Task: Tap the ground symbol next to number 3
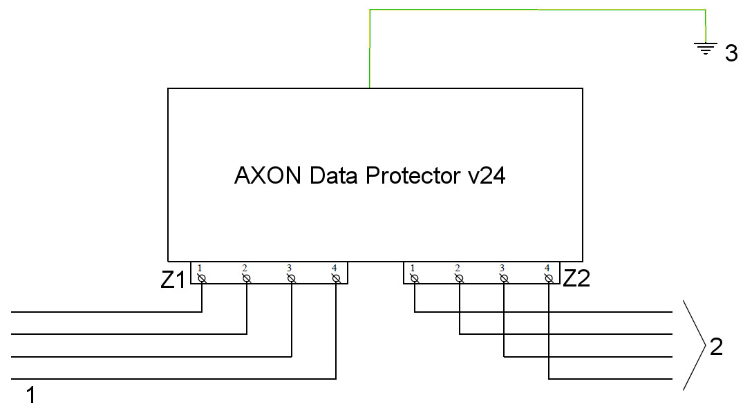click(x=705, y=48)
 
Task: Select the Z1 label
click(x=173, y=280)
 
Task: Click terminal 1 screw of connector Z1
click(x=202, y=278)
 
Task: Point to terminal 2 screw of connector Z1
click(x=246, y=278)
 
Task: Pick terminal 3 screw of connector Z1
click(x=291, y=278)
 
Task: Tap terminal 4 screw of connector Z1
click(x=335, y=278)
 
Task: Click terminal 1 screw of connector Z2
click(x=415, y=278)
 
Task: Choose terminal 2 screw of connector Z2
click(x=459, y=278)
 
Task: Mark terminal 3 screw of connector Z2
click(x=504, y=278)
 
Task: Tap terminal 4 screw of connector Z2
click(x=548, y=278)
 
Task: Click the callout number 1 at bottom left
click(x=30, y=396)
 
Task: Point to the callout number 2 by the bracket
click(x=716, y=347)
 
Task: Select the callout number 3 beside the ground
click(x=731, y=55)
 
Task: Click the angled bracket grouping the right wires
click(x=694, y=345)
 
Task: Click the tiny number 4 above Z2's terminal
click(x=547, y=268)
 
